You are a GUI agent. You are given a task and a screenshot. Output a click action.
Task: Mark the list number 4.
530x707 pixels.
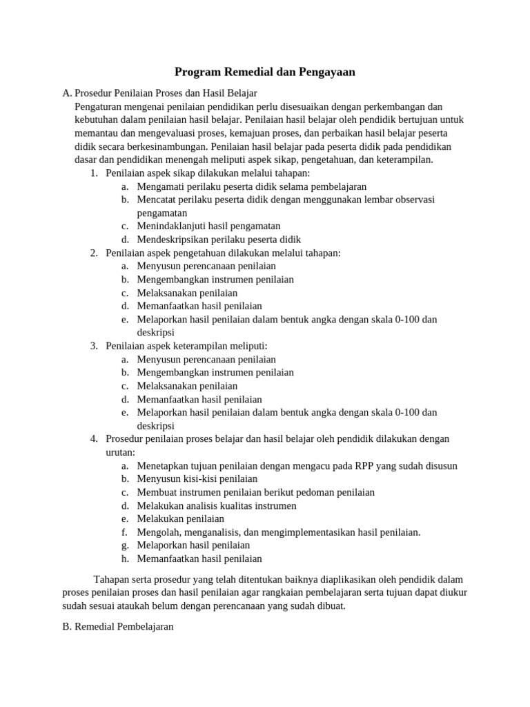(x=93, y=438)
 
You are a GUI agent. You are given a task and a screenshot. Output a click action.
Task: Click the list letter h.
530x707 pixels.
(x=125, y=559)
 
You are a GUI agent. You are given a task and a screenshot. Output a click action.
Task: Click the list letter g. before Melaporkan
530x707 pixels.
(x=125, y=545)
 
